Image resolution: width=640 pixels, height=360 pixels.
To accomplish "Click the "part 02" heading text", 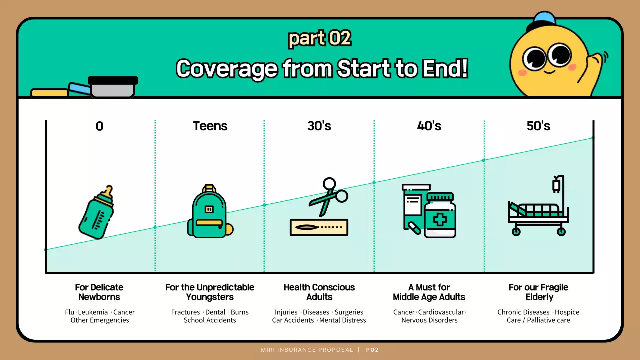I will tap(320, 38).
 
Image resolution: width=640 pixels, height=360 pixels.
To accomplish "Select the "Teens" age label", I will tap(210, 126).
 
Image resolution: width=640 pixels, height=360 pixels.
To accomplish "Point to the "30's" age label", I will tap(319, 126).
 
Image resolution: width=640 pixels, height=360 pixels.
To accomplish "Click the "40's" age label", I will tap(429, 126).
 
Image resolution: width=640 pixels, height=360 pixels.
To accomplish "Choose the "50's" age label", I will tap(538, 126).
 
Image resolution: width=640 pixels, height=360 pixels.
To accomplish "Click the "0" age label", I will tap(100, 126).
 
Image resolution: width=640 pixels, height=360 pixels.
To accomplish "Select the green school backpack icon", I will tap(210, 212).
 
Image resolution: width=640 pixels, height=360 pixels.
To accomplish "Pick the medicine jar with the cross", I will tap(440, 216).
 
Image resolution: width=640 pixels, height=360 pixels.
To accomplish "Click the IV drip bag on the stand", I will tap(556, 186).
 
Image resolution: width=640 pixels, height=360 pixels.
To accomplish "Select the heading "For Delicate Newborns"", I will tap(99, 292).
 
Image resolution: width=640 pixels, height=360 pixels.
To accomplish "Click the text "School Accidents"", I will tap(210, 320).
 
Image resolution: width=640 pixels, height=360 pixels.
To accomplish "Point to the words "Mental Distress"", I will tap(343, 320).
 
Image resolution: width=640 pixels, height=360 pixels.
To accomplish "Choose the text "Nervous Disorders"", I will tap(429, 320).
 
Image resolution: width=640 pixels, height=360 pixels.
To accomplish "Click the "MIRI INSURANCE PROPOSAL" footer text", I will tap(307, 350).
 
